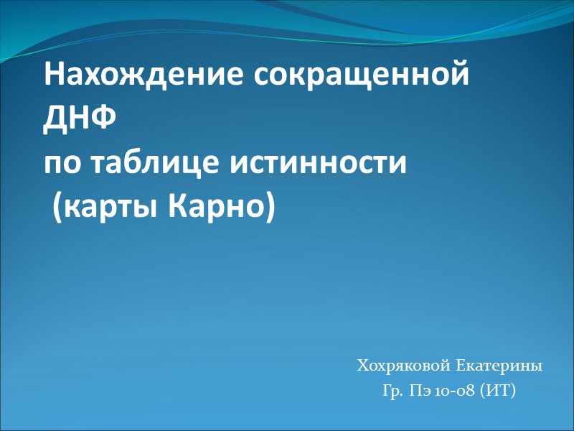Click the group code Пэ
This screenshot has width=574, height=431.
coord(420,391)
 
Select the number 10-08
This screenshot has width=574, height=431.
coord(454,391)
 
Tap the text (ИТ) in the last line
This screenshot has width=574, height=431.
coord(498,391)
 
